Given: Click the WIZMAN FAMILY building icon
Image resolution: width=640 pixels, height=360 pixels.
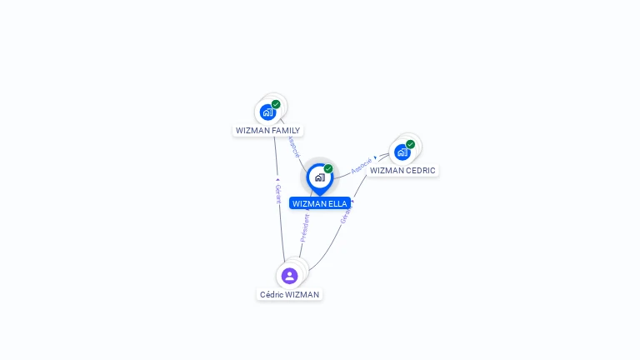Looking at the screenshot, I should pos(267,112).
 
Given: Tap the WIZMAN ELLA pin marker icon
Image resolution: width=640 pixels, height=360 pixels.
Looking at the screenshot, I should pos(320,177).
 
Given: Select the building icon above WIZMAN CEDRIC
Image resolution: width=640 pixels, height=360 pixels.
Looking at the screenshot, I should pos(402,152).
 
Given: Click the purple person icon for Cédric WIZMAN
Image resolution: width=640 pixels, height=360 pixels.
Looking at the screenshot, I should pos(289,276).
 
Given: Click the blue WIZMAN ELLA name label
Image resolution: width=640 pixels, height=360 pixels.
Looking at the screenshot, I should pos(320,203).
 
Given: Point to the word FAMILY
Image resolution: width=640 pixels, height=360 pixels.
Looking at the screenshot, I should pos(283,131).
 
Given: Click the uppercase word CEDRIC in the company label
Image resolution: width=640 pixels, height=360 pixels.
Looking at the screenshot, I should pos(420,171).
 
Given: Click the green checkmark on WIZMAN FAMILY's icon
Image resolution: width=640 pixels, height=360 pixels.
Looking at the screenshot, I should pos(276,104).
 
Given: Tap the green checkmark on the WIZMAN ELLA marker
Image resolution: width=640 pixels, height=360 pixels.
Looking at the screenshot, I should pos(328,169).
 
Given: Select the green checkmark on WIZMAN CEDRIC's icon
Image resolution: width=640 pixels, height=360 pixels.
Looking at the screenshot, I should pos(410,144).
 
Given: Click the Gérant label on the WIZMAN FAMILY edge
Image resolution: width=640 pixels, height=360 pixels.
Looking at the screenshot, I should pos(278,194).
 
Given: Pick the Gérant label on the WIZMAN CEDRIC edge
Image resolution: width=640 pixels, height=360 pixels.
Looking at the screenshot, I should pos(345,214).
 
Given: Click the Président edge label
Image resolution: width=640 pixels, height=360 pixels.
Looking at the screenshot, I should pos(304,227).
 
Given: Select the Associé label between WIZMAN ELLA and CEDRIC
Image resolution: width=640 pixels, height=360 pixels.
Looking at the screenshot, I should pos(361,166).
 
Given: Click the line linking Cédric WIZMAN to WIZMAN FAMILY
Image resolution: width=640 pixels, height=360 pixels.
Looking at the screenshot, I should pos(280,225).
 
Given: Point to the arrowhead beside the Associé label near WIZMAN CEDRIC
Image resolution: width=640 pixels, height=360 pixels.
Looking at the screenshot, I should pos(376,157).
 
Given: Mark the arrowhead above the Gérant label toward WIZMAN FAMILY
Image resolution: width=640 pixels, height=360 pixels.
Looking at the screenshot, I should pos(277,178).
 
